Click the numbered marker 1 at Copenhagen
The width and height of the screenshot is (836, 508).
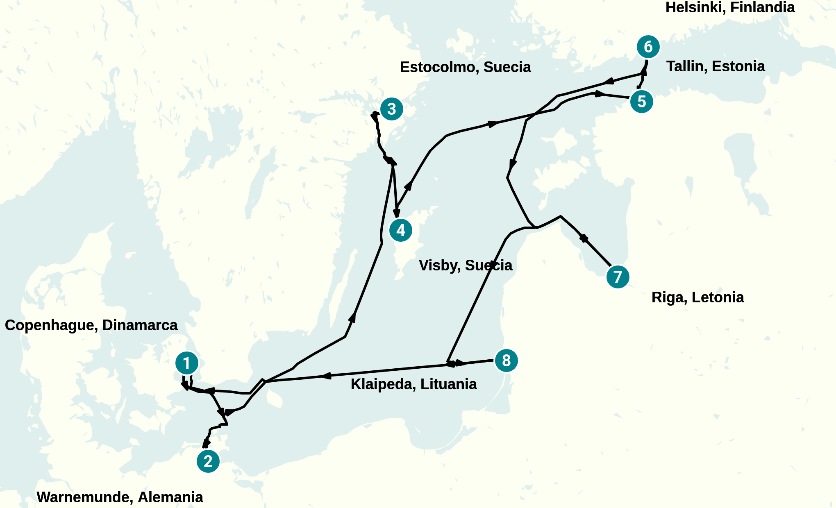pos(187,363)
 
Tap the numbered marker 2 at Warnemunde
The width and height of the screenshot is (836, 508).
pos(208,461)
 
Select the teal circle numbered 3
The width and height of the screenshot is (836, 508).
pos(392,109)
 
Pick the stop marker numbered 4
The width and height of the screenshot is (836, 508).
pos(401,230)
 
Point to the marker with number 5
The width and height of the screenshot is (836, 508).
pos(642,101)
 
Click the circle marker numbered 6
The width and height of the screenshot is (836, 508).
pos(648,47)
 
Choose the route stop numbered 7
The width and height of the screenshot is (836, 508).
pos(618,277)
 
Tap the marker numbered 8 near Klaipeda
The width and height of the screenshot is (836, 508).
pos(507,361)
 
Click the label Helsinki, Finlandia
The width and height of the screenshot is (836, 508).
pos(730,7)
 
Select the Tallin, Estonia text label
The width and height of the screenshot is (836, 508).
pos(716,66)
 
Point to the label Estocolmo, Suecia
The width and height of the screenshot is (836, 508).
pos(465,67)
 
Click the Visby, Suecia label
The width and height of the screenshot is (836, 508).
pos(465,265)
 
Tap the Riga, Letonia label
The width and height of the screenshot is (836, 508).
pos(697,297)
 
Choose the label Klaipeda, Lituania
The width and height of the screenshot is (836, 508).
pos(413,384)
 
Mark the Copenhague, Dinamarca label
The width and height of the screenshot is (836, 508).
pos(91,325)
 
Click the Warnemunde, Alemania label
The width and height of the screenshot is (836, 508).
pos(120,497)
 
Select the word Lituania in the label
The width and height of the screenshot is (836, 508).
pos(448,384)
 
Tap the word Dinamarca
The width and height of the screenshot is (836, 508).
pos(140,325)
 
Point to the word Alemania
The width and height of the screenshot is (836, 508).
pos(170,497)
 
